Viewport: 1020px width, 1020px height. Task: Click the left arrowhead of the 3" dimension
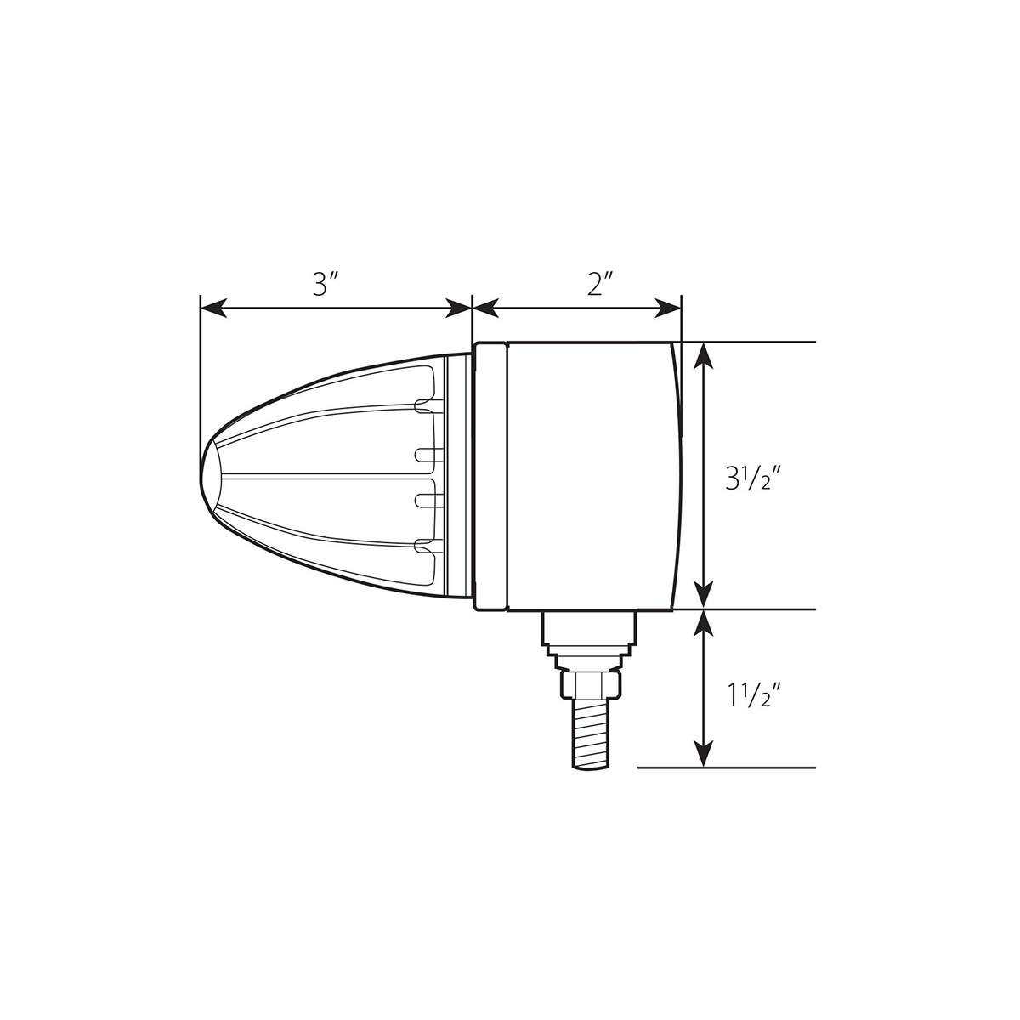(x=212, y=309)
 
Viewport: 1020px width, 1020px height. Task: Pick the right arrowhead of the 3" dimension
(x=459, y=309)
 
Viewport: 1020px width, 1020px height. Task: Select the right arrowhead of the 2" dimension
(x=669, y=309)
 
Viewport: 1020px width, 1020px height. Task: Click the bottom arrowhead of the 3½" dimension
(x=703, y=596)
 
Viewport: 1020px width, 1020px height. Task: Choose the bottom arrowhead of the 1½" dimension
(x=703, y=755)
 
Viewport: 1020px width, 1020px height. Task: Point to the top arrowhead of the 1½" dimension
(x=703, y=622)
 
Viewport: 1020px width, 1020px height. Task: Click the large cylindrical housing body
(x=591, y=476)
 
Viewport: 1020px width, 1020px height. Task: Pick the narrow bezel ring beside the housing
(x=490, y=476)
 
